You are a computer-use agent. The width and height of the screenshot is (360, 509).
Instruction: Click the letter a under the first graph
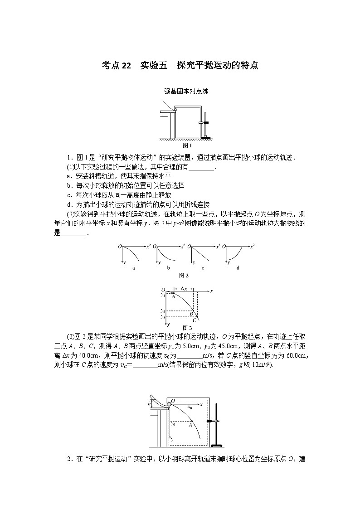click(x=133, y=268)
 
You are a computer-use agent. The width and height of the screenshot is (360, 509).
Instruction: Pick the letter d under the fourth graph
click(x=238, y=268)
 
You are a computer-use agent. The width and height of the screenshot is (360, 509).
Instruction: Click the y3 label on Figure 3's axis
click(x=163, y=316)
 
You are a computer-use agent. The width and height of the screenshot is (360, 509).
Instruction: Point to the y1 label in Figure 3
click(x=163, y=295)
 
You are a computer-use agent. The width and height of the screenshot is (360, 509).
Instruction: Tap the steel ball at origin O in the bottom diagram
click(x=170, y=404)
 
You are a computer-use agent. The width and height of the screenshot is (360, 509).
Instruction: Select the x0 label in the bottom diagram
click(x=190, y=407)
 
